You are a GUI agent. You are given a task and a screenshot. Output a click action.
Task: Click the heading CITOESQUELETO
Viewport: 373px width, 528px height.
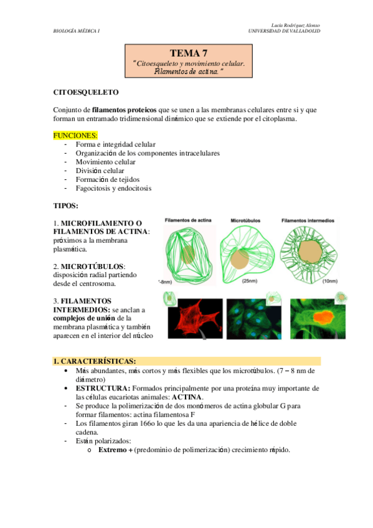(86, 93)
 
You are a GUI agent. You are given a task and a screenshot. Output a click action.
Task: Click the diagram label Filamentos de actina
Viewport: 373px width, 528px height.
(189, 220)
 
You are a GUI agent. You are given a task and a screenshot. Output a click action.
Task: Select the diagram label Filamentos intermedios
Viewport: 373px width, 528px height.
(308, 220)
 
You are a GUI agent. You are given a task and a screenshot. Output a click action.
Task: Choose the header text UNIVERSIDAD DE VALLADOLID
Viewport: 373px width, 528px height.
(284, 31)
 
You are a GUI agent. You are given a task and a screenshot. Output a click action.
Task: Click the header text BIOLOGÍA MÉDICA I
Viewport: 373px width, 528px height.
(77, 31)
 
